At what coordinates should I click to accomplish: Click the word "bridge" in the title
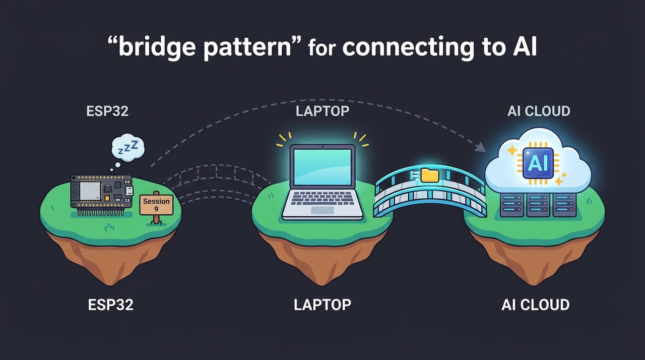click(157, 47)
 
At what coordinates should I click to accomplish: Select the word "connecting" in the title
click(408, 47)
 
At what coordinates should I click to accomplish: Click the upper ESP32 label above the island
click(107, 111)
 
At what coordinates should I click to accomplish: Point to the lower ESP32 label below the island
click(111, 305)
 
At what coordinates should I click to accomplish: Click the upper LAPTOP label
click(322, 111)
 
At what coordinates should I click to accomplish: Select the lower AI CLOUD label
click(536, 305)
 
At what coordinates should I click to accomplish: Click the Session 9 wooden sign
click(156, 205)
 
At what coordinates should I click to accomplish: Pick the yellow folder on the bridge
click(430, 175)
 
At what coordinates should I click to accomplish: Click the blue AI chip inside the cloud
click(538, 163)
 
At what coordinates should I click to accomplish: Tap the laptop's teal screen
click(322, 167)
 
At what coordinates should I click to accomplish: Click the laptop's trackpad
click(322, 210)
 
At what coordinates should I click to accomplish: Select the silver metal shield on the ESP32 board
click(90, 191)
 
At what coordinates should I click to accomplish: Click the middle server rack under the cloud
click(538, 205)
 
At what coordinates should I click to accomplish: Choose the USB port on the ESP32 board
click(128, 191)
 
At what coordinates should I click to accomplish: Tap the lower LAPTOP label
click(322, 305)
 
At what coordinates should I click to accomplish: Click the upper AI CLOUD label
click(539, 111)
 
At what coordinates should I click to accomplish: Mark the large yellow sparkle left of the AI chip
click(512, 150)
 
